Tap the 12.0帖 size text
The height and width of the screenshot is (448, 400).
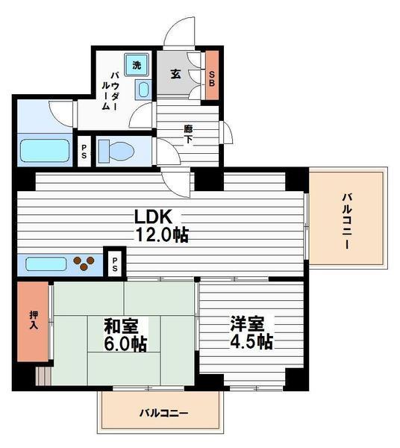tap(160, 235)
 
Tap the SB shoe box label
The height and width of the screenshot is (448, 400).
tap(212, 78)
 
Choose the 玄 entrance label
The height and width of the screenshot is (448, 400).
tap(175, 75)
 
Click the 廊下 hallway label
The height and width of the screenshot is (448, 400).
tap(189, 133)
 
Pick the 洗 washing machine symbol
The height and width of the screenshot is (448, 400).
tap(136, 65)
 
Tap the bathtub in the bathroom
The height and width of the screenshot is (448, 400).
tap(43, 151)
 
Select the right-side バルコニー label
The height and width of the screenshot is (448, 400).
tap(347, 221)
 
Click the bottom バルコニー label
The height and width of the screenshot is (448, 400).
tap(163, 413)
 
